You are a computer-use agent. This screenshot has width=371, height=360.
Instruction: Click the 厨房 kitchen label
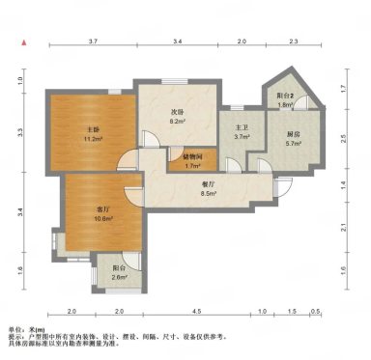(x=291, y=133)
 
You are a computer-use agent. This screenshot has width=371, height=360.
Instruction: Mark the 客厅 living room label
(x=102, y=208)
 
